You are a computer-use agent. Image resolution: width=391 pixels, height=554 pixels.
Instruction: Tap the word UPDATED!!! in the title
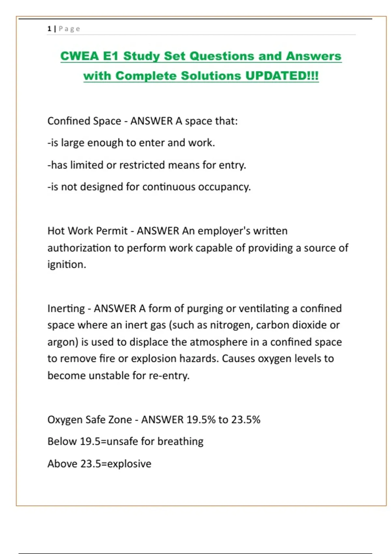[x=282, y=76]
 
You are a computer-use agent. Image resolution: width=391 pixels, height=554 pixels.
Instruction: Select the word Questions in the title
[x=222, y=56]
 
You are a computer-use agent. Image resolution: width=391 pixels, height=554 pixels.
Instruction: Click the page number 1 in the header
[x=49, y=29]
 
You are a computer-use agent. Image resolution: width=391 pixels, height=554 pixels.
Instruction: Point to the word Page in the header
[x=69, y=29]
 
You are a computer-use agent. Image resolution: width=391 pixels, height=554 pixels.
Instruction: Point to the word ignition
[x=66, y=264]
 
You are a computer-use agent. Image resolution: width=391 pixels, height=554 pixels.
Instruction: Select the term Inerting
[x=66, y=309]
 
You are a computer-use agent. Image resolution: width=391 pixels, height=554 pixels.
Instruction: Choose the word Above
[x=62, y=464]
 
